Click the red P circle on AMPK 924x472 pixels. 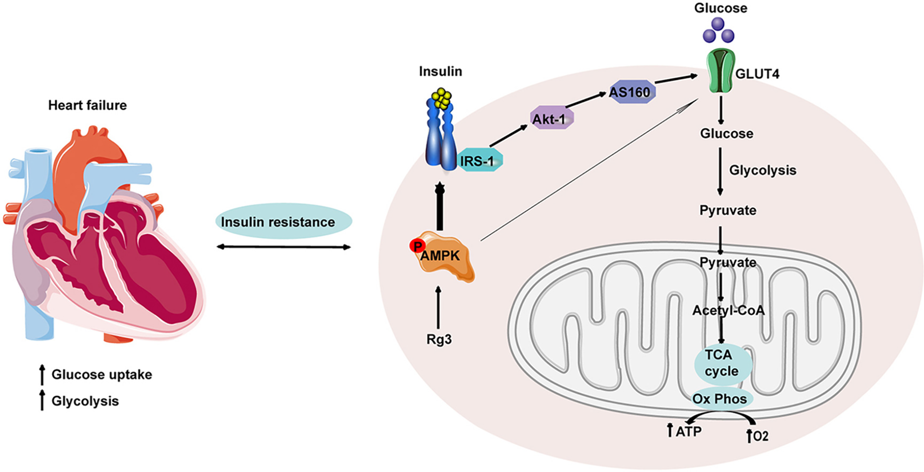(417, 246)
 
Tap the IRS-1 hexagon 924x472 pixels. (479, 160)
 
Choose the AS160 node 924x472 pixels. (632, 92)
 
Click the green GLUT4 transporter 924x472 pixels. (721, 71)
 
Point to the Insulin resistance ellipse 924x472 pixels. (284, 221)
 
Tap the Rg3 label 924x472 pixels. (439, 340)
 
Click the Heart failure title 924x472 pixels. (88, 105)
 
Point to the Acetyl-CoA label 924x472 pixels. (728, 310)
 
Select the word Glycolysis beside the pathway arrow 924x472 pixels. (763, 170)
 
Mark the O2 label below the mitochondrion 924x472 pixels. (760, 436)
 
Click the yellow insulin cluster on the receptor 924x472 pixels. (441, 99)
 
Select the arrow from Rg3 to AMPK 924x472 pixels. (438, 307)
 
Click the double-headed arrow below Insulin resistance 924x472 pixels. (284, 247)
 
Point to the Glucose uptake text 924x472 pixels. (102, 375)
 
